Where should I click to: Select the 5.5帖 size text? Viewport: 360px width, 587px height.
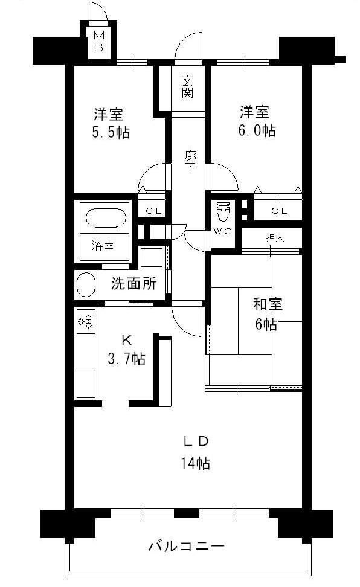[111, 132]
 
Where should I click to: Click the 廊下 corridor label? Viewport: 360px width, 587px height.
[190, 161]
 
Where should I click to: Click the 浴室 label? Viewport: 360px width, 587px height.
[103, 246]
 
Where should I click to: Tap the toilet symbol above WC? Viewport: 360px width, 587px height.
[223, 213]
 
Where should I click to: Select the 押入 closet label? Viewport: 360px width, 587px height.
[275, 237]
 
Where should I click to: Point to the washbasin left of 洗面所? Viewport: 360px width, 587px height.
[85, 284]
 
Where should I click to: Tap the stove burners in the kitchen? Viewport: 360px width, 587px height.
[85, 321]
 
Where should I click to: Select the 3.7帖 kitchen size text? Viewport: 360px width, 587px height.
[126, 359]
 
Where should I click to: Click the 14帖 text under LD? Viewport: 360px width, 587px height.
[194, 464]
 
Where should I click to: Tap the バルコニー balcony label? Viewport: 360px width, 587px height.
[187, 547]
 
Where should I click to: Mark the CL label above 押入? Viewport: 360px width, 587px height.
[278, 211]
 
